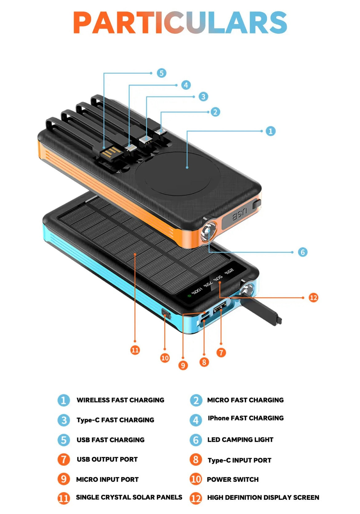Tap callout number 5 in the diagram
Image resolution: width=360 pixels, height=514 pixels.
coord(162,73)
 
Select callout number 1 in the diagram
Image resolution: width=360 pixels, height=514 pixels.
coord(270,131)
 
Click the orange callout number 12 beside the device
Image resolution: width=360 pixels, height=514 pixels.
coord(313,297)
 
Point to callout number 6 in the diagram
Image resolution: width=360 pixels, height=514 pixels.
coord(302,252)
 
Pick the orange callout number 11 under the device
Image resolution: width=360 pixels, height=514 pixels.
coord(135,350)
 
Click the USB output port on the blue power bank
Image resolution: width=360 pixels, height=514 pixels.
coord(220,308)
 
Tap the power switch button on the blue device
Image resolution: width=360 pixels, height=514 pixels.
coord(166,314)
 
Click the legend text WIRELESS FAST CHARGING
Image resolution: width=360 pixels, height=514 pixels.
coord(120,400)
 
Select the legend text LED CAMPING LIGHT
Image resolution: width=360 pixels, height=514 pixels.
coord(240,440)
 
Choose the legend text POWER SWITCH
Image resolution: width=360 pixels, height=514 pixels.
coord(233,479)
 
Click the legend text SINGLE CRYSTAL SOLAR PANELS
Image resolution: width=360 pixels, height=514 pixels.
coord(129,497)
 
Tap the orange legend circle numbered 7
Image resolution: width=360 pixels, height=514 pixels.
coord(64,460)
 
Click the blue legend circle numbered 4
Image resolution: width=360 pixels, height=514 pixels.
coord(196,420)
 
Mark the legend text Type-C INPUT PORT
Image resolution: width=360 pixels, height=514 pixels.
coord(239,460)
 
